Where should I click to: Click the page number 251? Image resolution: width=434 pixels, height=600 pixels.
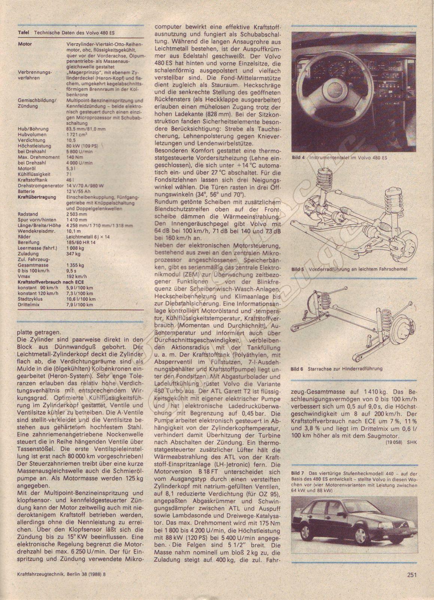(x=411, y=584)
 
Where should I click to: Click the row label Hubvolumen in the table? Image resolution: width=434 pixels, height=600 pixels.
(x=32, y=134)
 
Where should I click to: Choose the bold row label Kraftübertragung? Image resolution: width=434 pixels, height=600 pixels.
(x=36, y=197)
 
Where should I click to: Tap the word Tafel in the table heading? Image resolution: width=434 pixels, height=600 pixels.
(x=24, y=33)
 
